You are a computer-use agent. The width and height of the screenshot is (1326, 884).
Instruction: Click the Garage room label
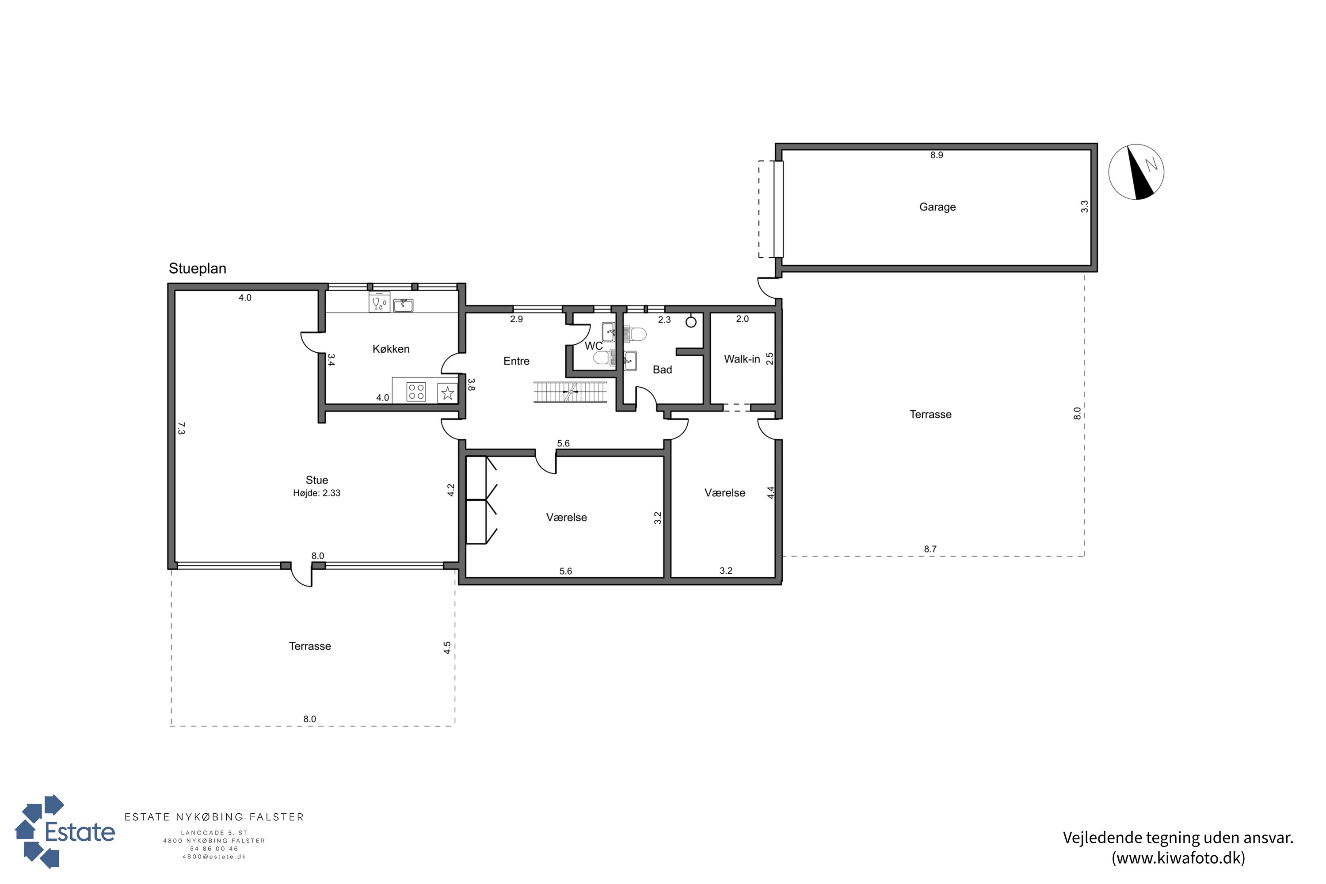pos(937,207)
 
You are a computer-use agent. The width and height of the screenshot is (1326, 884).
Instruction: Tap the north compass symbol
pos(1136,172)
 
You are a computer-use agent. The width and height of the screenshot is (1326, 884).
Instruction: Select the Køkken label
pos(391,349)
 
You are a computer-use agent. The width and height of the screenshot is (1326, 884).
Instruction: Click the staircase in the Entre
pos(570,392)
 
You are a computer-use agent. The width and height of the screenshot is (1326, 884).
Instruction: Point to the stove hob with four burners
pos(416,392)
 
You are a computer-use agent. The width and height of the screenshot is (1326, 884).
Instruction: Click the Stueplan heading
pos(197,268)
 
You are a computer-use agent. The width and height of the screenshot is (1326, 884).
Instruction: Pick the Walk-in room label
pos(742,359)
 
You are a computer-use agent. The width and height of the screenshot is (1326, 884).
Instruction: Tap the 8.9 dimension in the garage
pos(937,155)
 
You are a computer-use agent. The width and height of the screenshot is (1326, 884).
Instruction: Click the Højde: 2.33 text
pos(316,493)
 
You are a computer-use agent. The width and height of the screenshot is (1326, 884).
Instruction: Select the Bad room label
pos(663,370)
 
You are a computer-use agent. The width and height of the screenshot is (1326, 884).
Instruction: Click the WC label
pos(593,346)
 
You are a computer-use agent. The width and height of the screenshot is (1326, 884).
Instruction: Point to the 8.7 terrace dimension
pos(930,549)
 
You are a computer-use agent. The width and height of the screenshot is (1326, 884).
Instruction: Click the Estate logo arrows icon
pos(39,831)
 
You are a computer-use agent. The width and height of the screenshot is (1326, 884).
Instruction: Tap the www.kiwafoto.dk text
pos(1178,857)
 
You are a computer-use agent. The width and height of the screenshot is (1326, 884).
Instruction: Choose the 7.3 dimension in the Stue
pos(181,428)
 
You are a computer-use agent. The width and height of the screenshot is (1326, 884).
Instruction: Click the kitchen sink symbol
pos(403,305)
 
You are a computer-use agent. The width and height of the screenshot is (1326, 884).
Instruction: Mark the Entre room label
pos(516,361)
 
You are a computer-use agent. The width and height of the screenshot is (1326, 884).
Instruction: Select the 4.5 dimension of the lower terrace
pos(447,648)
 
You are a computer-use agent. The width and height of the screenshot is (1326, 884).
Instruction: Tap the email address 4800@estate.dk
pos(214,857)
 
